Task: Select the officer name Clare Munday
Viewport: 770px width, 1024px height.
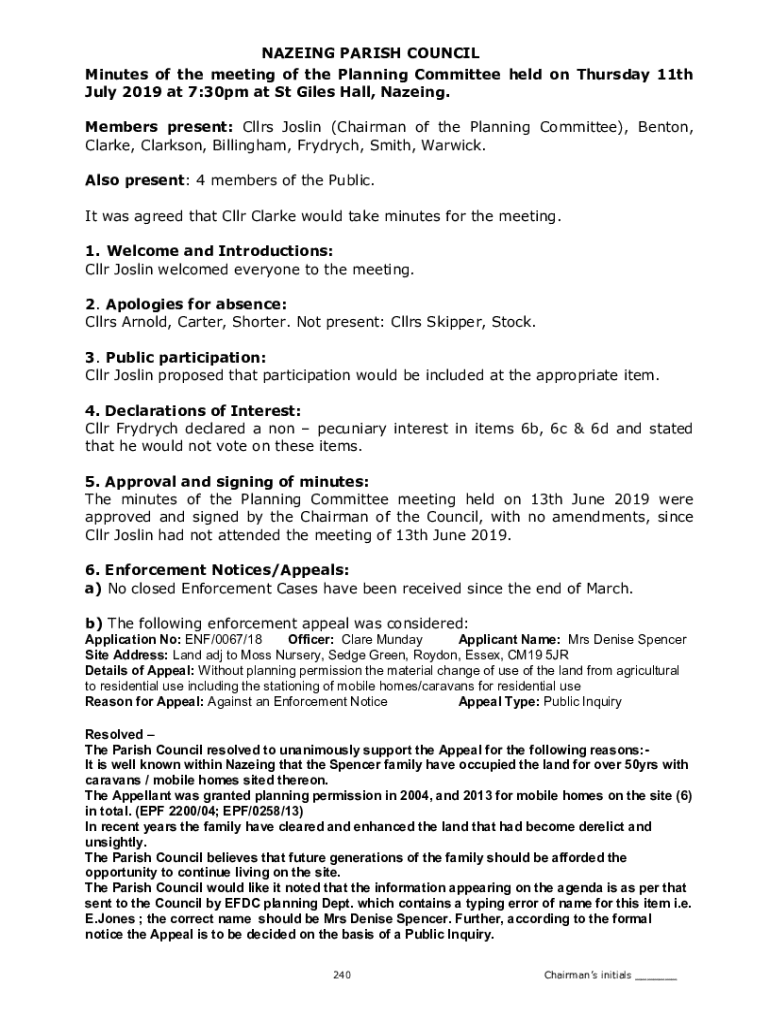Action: [382, 640]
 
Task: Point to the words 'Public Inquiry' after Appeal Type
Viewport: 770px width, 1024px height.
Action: [582, 702]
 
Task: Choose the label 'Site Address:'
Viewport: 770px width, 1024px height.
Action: [113, 655]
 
